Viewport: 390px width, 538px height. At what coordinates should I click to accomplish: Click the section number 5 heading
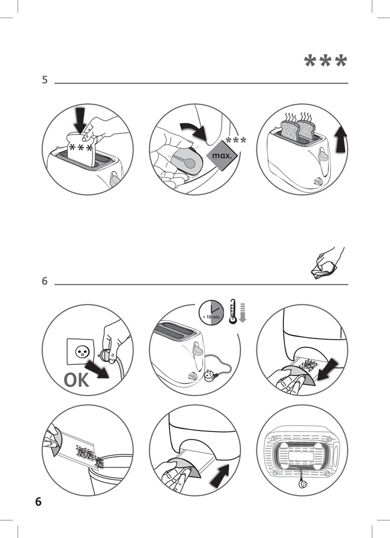[x=45, y=80]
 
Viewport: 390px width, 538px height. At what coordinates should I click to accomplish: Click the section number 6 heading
[x=45, y=281]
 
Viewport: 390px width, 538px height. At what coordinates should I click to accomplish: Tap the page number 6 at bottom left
[x=38, y=501]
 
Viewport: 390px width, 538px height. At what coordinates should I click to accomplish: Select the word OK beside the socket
[x=76, y=380]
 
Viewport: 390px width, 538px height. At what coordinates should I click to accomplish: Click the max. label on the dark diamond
[x=222, y=156]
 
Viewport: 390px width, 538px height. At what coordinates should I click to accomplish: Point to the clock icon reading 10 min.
[x=211, y=313]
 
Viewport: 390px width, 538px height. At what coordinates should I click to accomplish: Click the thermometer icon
[x=233, y=312]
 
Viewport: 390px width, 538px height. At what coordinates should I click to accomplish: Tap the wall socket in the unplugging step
[x=80, y=351]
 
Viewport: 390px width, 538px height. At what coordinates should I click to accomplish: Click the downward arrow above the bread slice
[x=80, y=121]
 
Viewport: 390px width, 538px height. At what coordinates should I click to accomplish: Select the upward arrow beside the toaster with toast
[x=341, y=139]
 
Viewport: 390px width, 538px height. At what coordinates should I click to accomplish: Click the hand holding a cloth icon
[x=326, y=264]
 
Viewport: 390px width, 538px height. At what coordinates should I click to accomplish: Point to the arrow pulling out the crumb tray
[x=328, y=369]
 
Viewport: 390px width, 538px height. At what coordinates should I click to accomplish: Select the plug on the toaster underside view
[x=303, y=485]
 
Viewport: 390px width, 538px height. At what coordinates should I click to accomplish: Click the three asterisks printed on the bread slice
[x=81, y=148]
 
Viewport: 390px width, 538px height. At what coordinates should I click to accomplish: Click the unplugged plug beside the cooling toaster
[x=209, y=376]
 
